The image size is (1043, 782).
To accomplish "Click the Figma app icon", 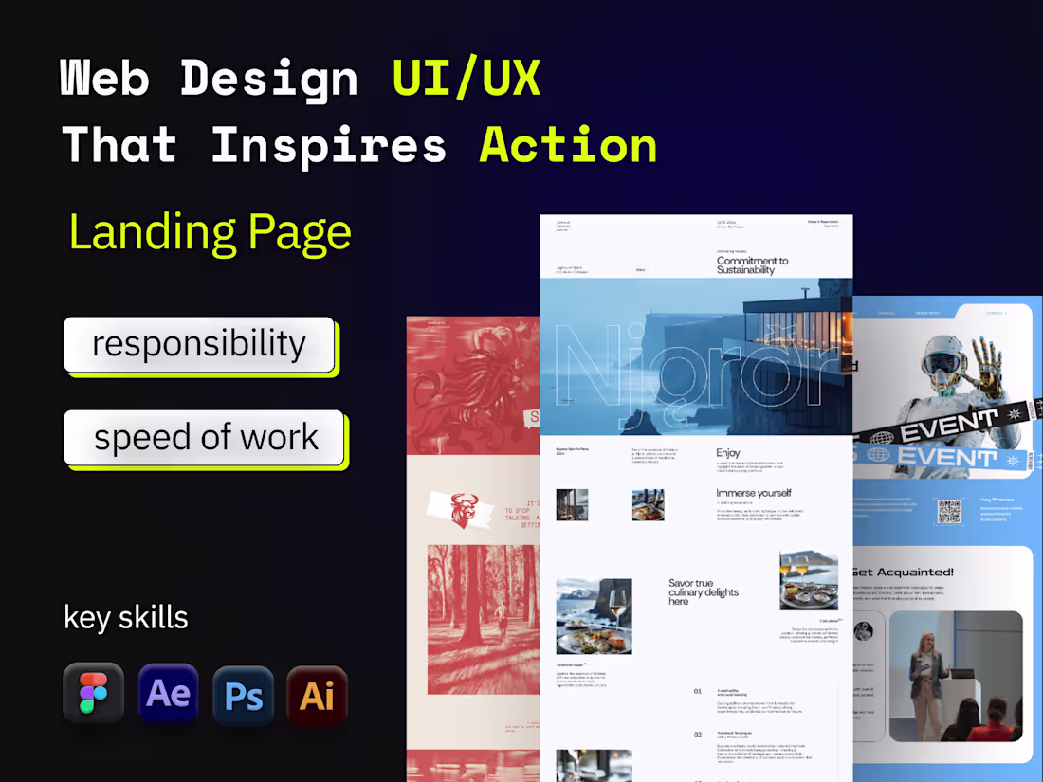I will [93, 694].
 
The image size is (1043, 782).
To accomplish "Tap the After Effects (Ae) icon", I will [169, 694].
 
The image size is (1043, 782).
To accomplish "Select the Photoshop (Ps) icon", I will [244, 696].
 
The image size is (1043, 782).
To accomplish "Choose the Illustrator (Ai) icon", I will [317, 696].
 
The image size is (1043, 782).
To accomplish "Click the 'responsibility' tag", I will [199, 344].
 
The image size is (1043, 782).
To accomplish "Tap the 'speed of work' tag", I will [205, 438].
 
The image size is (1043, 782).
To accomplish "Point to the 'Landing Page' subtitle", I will [210, 232].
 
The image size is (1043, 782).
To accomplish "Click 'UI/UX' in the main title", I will [467, 78].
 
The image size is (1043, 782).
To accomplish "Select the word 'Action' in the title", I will [569, 145].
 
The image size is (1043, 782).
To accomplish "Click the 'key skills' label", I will [126, 617].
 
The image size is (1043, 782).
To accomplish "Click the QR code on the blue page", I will [949, 511].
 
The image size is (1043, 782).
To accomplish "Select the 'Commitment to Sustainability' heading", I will [752, 265].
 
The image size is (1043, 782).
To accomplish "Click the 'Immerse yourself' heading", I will [753, 493].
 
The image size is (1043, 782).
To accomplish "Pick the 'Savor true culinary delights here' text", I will [703, 592].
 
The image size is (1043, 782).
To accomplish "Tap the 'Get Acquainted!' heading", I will [903, 573].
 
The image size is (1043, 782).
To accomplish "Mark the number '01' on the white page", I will [698, 691].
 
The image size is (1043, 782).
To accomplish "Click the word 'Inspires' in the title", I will [328, 145].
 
